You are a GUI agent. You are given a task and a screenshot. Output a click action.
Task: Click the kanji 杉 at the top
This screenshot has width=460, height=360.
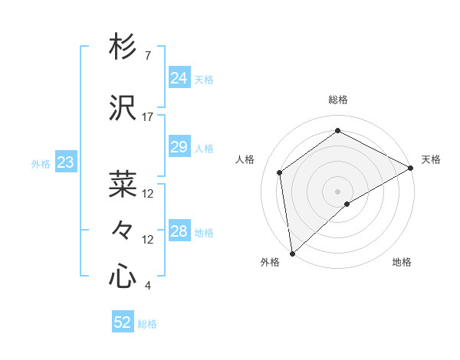tap(123, 47)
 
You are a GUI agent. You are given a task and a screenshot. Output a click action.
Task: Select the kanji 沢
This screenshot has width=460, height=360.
tap(123, 108)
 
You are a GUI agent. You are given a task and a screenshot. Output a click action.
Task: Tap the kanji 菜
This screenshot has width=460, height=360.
tap(123, 185)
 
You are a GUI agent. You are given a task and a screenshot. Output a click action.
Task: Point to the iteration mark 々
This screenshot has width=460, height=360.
tap(123, 230)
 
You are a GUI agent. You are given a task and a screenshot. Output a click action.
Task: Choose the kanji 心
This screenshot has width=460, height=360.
tap(123, 277)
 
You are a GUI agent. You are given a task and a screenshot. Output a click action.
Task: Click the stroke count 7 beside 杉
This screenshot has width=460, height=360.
tap(148, 56)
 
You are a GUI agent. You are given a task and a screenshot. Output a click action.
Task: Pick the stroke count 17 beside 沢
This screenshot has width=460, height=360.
tap(148, 117)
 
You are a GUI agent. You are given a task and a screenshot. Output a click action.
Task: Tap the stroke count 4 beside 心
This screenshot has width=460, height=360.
tap(148, 286)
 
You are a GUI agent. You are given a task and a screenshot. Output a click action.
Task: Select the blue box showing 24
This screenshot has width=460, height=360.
tap(179, 78)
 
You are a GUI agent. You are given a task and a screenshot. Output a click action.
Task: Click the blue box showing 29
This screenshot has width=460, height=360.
tap(179, 147)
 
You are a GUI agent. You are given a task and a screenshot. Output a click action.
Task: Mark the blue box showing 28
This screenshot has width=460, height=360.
tap(179, 231)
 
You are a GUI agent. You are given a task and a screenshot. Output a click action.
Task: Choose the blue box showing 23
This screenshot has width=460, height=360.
tap(65, 162)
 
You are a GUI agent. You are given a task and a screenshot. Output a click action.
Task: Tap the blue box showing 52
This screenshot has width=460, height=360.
tap(123, 322)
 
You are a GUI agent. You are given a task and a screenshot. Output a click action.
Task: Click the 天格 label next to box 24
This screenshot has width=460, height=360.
tap(204, 79)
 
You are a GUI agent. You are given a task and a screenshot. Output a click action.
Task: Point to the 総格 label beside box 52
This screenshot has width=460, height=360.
tap(147, 323)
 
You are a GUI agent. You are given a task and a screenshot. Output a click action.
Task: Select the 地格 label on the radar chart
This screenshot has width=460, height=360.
tap(402, 263)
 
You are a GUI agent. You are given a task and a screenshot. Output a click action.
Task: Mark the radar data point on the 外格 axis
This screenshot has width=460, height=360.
tap(292, 253)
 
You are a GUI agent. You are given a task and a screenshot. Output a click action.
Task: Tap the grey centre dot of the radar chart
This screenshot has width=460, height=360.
tap(337, 191)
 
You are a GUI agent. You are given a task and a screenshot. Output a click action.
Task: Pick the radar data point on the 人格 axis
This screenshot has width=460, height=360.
tap(280, 172)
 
